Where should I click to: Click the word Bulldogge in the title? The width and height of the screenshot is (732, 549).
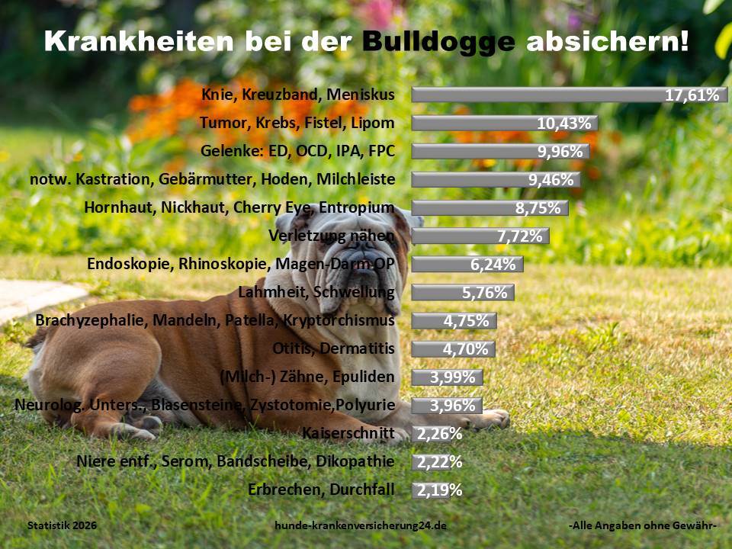pos(439,41)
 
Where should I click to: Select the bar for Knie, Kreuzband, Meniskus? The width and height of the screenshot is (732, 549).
pos(534,95)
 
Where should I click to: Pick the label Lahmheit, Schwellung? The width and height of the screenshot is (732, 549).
pos(316,292)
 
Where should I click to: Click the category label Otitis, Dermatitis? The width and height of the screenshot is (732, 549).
pos(333,349)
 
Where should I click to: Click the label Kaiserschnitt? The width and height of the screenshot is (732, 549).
pos(348,434)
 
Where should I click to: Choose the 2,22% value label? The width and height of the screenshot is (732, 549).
pos(438,462)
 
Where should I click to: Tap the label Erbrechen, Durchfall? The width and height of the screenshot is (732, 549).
pos(321,490)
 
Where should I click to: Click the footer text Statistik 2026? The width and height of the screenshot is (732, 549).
pos(62,526)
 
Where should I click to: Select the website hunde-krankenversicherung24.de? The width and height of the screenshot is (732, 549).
pos(361,526)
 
